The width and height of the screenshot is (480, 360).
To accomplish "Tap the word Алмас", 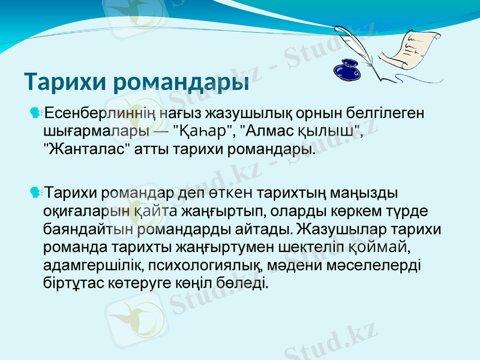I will click(x=272, y=130).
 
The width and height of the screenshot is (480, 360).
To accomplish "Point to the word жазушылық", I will click(x=242, y=112).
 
